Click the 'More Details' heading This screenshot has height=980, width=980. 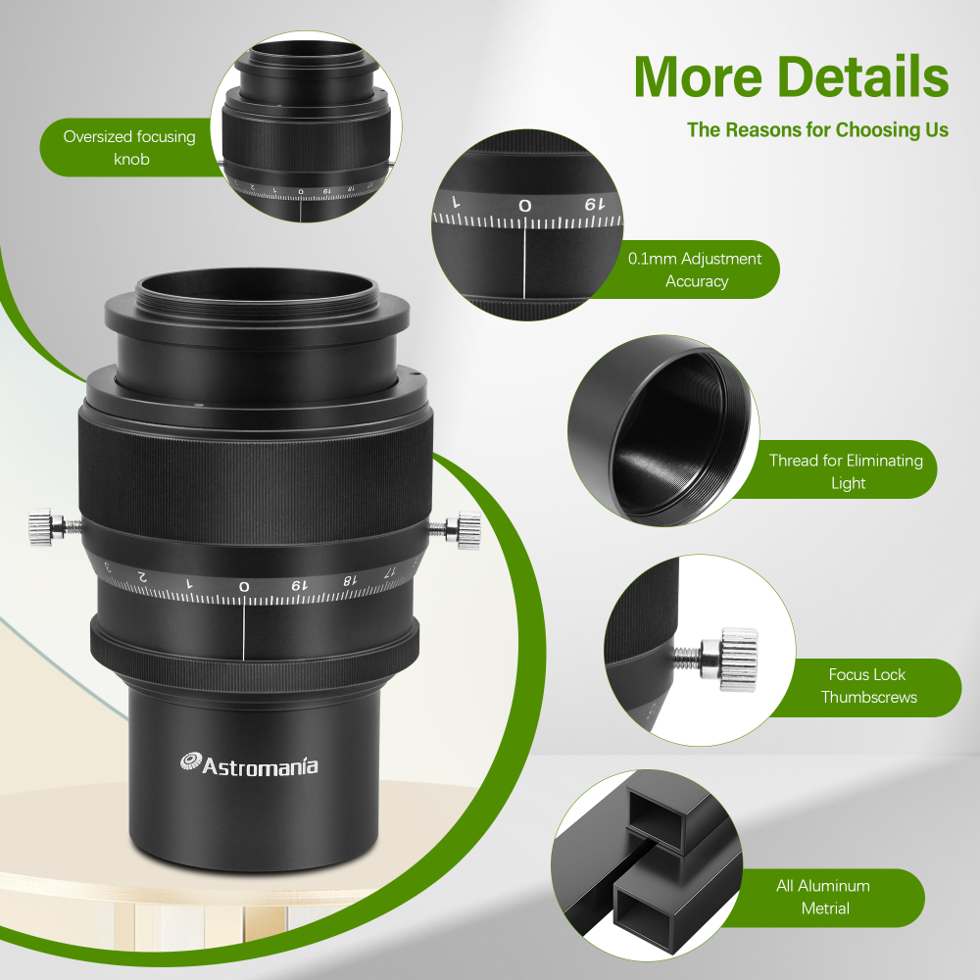tap(791, 75)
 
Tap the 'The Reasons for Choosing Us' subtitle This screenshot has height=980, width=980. tap(817, 129)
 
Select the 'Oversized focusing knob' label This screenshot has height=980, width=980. tap(129, 147)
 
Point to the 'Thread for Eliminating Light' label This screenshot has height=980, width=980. tap(846, 471)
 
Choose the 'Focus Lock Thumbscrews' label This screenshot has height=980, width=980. tap(868, 686)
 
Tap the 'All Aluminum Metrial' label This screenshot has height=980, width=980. tap(823, 897)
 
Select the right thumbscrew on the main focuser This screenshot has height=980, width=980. tap(464, 529)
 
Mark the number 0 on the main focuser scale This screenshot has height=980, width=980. tap(244, 586)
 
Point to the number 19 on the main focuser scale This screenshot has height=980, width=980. tap(296, 584)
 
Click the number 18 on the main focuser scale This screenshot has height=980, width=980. tap(347, 579)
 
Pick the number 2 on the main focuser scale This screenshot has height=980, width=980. tap(142, 576)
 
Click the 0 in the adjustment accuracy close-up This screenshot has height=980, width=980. tap(525, 206)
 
